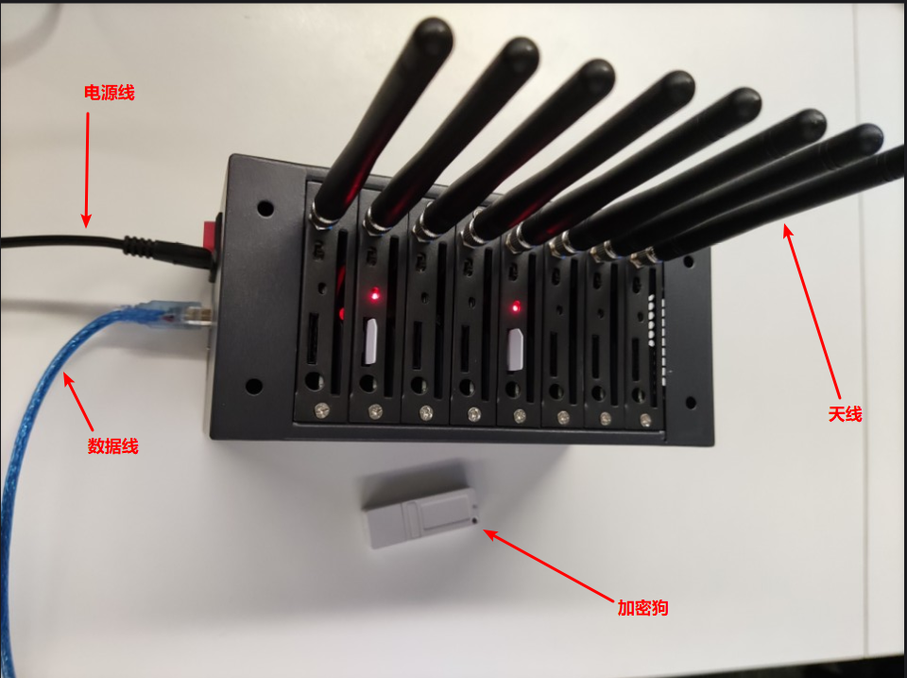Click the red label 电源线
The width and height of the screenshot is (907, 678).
110,93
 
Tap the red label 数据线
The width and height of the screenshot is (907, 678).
112,445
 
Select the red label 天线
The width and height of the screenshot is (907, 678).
845,414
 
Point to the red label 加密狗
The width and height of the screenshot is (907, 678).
642,608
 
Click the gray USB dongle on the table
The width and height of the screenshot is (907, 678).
420,504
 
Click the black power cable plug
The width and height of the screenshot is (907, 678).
168,251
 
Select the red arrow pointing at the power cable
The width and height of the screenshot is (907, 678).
87,169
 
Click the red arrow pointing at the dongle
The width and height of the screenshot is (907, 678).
548,565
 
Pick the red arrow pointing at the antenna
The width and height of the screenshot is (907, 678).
813,311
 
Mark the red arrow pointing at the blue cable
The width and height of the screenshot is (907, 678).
78,401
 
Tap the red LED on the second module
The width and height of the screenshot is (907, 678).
375,296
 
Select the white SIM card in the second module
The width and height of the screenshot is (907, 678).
371,341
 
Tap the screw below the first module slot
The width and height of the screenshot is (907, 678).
321,410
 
